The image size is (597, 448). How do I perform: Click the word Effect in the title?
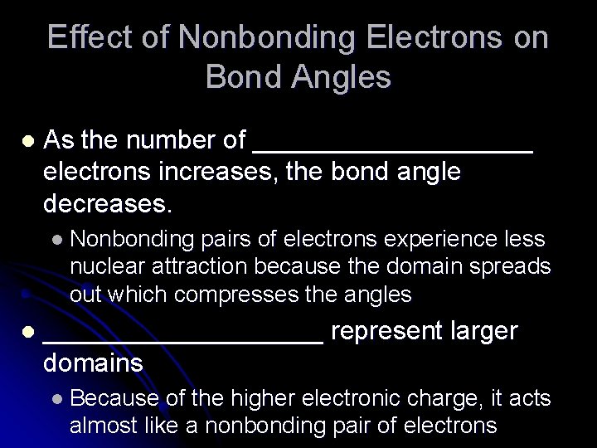point(81,38)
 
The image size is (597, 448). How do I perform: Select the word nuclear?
point(102,267)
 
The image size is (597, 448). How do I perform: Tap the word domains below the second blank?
point(92,363)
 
